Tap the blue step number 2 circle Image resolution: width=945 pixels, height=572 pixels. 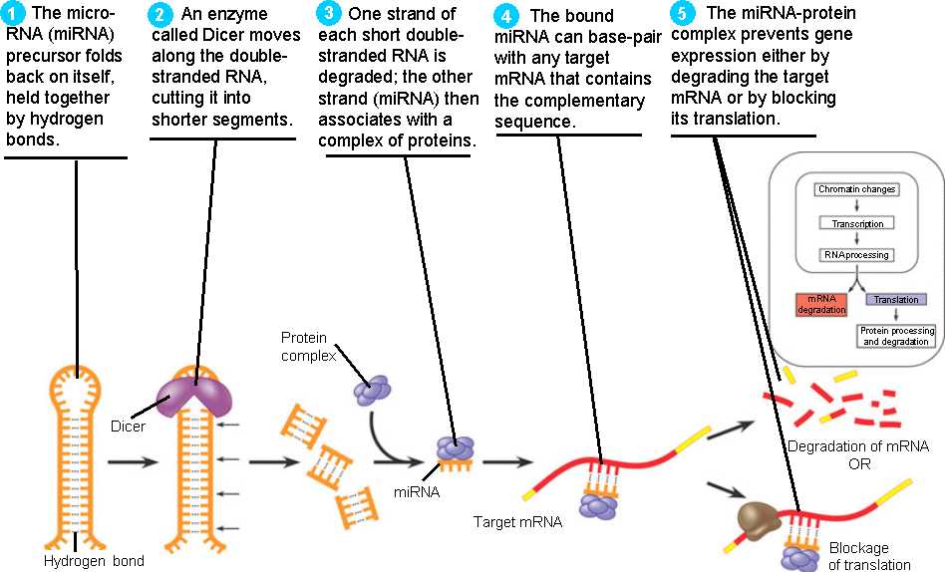[x=159, y=15]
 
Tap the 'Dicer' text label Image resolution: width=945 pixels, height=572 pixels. [x=129, y=427]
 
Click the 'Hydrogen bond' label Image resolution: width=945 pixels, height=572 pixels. [x=94, y=560]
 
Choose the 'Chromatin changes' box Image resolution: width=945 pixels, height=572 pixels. [x=856, y=189]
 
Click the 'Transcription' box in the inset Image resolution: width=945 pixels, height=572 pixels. [x=856, y=223]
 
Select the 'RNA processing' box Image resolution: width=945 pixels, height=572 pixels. [x=856, y=255]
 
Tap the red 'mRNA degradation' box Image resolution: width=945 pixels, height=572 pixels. [x=819, y=305]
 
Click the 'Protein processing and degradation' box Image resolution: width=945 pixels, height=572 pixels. [x=896, y=336]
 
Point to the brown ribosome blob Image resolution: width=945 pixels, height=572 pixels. [x=760, y=518]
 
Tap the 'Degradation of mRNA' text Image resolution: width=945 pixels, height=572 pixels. [x=857, y=444]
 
